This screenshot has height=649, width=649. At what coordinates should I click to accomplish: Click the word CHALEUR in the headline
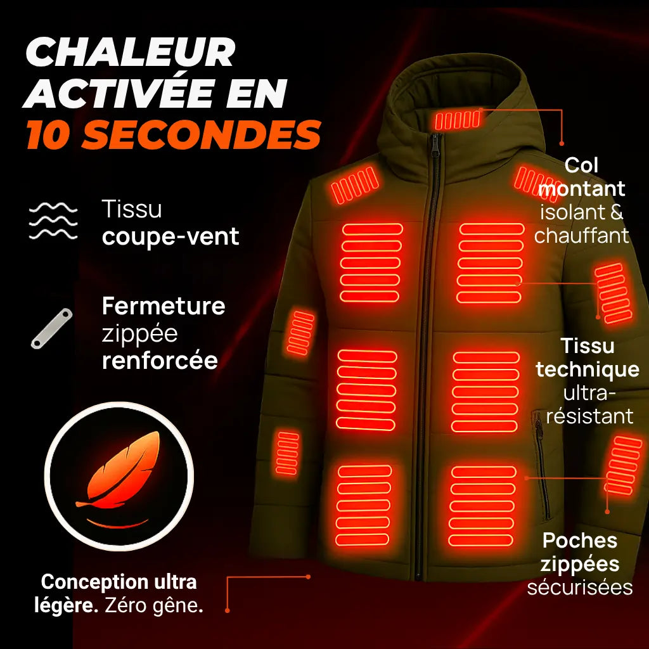[x=130, y=53]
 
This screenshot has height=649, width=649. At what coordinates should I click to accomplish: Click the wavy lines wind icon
[x=54, y=221]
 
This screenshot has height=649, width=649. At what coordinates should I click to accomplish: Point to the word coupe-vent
[x=170, y=237]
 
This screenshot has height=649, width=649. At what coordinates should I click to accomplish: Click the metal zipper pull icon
[x=51, y=328]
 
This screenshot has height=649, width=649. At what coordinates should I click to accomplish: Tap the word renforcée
[x=160, y=360]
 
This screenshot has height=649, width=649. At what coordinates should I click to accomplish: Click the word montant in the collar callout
[x=585, y=189]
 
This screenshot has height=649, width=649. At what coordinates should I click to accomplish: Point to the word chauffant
[x=581, y=236]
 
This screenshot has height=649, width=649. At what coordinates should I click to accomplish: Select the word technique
[x=588, y=369]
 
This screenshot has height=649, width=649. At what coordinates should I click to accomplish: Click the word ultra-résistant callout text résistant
[x=589, y=416]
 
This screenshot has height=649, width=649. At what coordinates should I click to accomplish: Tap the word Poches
[x=580, y=541]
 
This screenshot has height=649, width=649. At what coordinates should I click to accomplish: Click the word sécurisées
[x=580, y=587]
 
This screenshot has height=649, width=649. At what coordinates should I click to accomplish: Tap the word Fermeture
[x=164, y=306]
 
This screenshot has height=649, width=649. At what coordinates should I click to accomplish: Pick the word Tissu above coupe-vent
[x=132, y=209]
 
